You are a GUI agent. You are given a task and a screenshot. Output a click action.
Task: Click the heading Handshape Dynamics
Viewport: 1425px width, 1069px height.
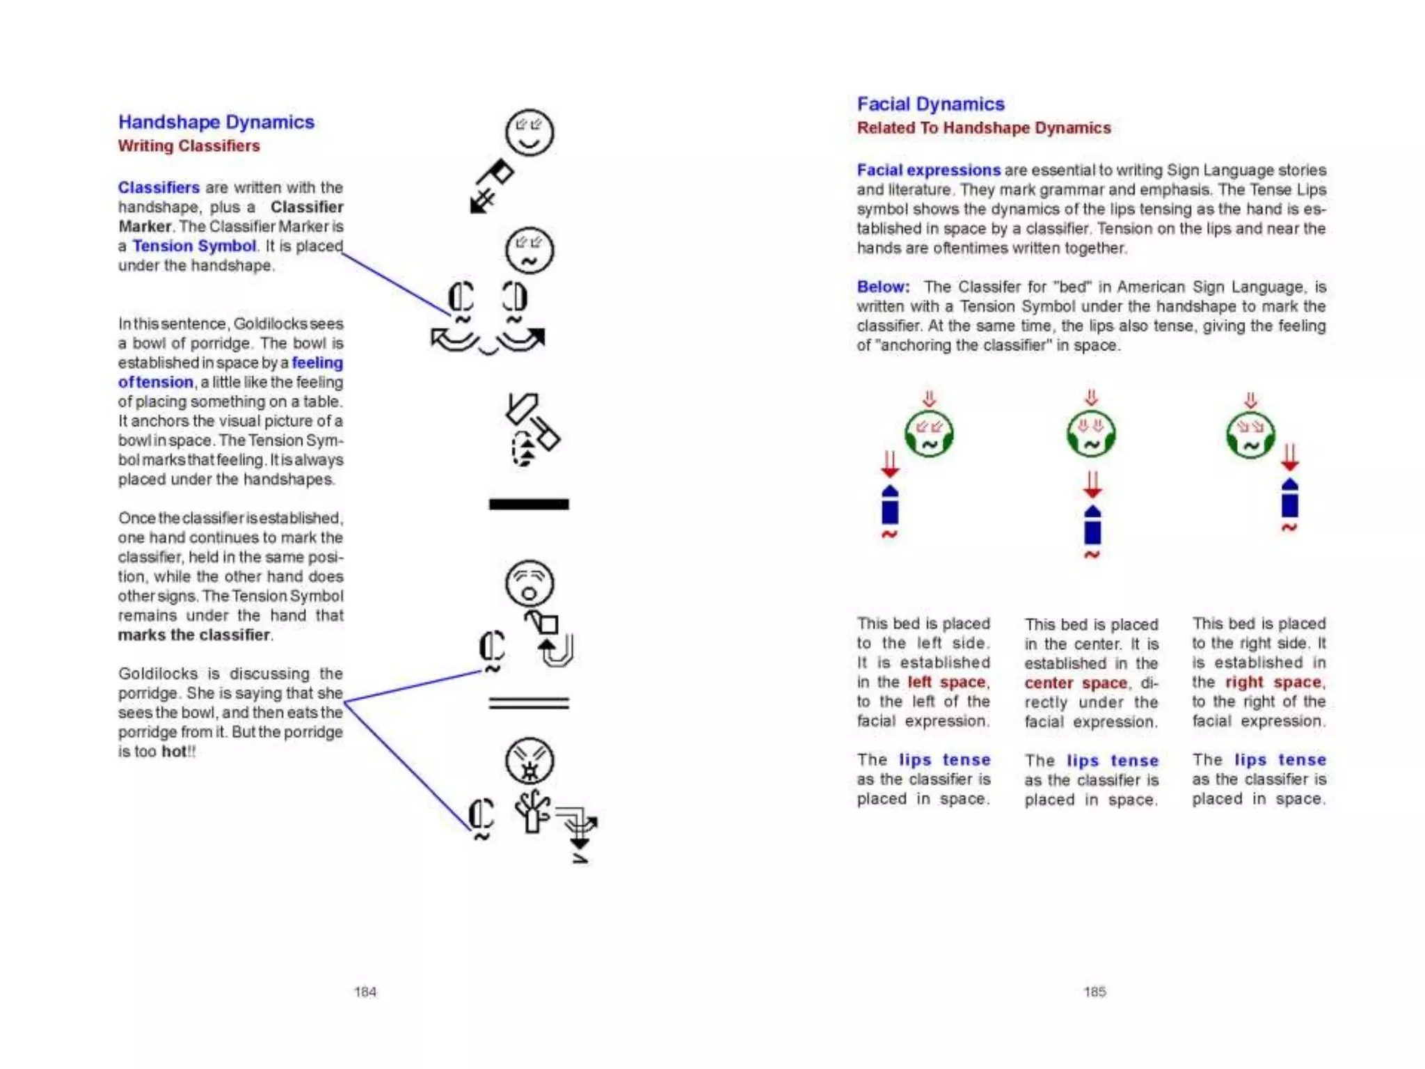tap(216, 122)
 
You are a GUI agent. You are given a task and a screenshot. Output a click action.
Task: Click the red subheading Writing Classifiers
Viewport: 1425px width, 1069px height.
tap(189, 146)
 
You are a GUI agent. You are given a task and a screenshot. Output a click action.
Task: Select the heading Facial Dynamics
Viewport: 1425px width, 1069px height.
tap(930, 104)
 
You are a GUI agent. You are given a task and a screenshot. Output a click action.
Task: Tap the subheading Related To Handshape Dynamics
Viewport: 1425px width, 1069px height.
tap(983, 128)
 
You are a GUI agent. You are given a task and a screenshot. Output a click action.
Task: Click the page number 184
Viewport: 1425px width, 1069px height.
tap(365, 992)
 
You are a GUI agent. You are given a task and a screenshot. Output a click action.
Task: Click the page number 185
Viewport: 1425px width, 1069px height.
tap(1094, 992)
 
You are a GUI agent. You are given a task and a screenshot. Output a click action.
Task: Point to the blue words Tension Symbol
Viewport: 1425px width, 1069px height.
tap(194, 246)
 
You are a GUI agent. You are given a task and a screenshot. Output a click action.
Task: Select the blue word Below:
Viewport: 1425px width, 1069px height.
tap(883, 287)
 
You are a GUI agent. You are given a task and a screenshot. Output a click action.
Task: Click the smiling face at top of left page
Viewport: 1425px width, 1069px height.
tap(529, 132)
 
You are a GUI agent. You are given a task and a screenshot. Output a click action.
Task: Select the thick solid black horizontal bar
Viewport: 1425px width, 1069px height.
tap(529, 504)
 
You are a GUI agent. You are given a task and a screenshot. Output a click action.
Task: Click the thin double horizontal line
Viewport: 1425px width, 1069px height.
tap(529, 703)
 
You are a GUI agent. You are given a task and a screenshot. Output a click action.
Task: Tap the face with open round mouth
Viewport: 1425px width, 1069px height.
tap(529, 583)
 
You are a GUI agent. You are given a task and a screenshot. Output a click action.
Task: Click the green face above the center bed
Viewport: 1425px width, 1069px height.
tap(1091, 434)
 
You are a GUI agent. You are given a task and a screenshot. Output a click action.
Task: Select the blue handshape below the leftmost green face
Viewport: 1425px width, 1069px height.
tap(890, 506)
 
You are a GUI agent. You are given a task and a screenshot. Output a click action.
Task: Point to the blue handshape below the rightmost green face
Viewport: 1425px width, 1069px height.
tap(1289, 498)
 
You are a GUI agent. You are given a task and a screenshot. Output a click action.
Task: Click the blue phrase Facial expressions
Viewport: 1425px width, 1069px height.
tap(928, 171)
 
